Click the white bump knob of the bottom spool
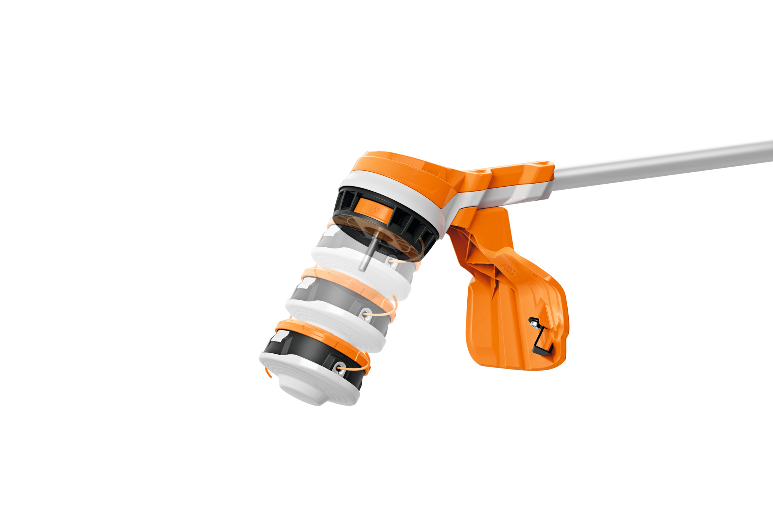coord(303,392)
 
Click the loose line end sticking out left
coord(268,373)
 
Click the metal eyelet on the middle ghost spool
coord(366,314)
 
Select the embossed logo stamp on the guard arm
coord(510,269)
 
